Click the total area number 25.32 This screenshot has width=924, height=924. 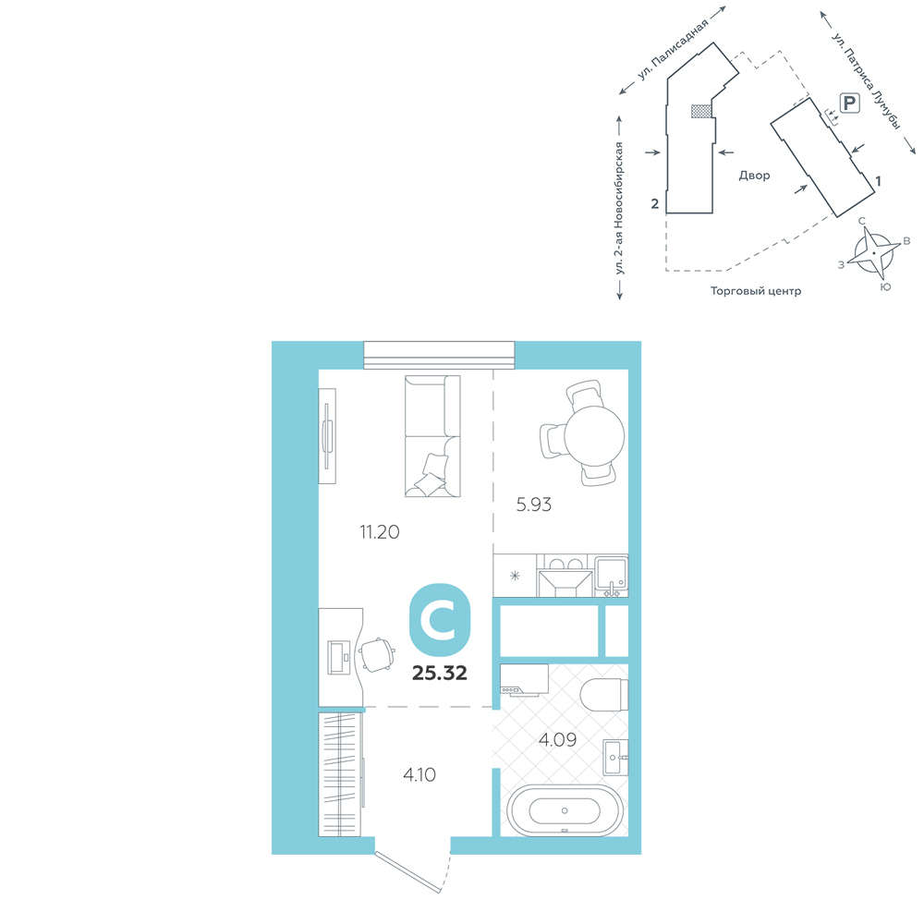click(440, 673)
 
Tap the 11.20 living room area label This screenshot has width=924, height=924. click(380, 532)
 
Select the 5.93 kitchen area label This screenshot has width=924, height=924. click(534, 505)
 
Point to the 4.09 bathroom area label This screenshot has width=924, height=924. click(557, 739)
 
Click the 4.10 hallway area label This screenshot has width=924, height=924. click(419, 774)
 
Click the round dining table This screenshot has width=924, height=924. click(594, 437)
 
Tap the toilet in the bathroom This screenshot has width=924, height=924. click(604, 694)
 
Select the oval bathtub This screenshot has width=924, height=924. click(565, 810)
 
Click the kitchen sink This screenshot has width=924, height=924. click(611, 574)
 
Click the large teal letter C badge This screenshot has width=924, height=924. click(440, 620)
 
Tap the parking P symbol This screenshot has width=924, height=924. click(849, 103)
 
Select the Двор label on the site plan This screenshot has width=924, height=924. click(754, 176)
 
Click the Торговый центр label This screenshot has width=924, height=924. click(756, 291)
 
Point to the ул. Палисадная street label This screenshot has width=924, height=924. click(672, 50)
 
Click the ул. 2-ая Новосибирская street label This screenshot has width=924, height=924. click(619, 208)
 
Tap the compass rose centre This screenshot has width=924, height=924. click(873, 253)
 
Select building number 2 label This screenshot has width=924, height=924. click(655, 204)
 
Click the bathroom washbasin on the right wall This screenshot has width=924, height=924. click(616, 758)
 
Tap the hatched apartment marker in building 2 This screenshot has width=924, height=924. click(700, 112)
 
